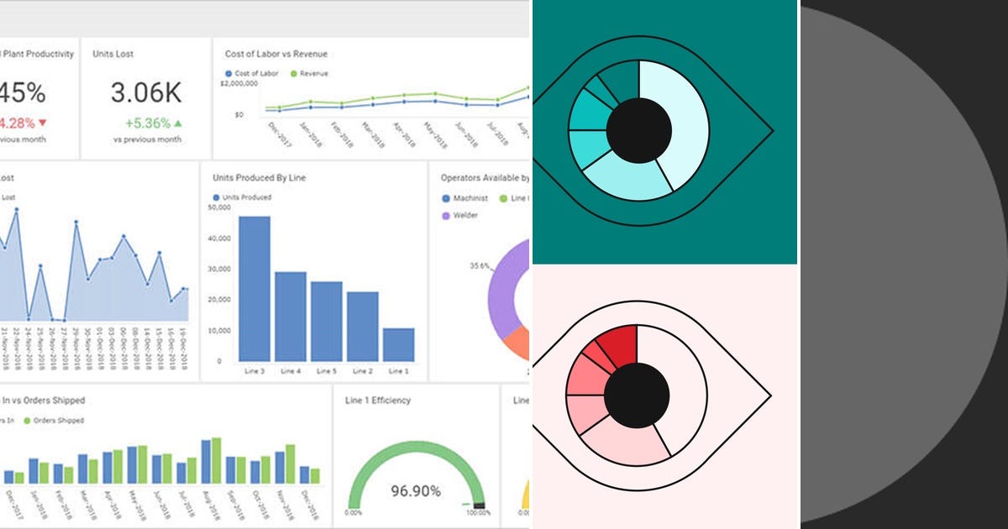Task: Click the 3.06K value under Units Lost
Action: [144, 92]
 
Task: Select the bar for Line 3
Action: [255, 288]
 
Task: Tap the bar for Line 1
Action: [398, 344]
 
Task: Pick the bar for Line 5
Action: [327, 321]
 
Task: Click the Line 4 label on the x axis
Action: [291, 371]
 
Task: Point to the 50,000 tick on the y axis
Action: [218, 207]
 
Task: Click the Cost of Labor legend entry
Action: [252, 74]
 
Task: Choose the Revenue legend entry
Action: [313, 74]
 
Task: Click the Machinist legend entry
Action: [469, 198]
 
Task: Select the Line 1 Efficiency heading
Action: [378, 401]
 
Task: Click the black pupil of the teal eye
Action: [638, 130]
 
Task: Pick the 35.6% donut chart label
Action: [480, 266]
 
